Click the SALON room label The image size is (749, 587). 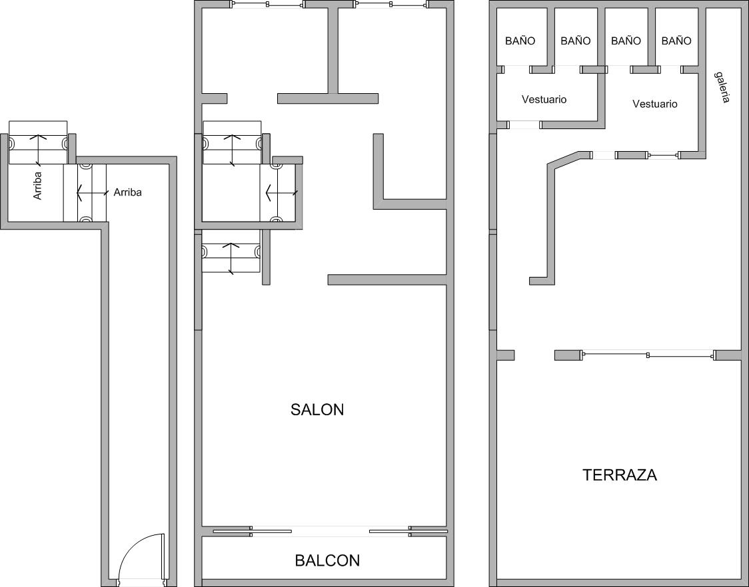pyautogui.click(x=317, y=409)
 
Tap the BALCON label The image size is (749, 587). pyautogui.click(x=327, y=560)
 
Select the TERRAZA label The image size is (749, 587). pyautogui.click(x=620, y=475)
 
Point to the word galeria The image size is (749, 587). pyautogui.click(x=722, y=87)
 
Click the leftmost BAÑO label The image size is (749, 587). pyautogui.click(x=520, y=41)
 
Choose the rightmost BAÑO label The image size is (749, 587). pyautogui.click(x=676, y=41)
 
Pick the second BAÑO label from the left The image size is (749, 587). pyautogui.click(x=576, y=41)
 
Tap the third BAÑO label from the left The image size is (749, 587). pyautogui.click(x=626, y=41)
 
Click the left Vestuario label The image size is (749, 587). pyautogui.click(x=544, y=99)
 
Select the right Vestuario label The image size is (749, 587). pyautogui.click(x=655, y=104)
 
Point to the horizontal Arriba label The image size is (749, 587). pyautogui.click(x=127, y=192)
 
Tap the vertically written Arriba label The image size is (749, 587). pyautogui.click(x=38, y=186)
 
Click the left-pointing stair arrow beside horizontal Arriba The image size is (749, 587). pyautogui.click(x=92, y=193)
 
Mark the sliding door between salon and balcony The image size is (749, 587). pyautogui.click(x=330, y=531)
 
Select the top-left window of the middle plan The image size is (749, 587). pyautogui.click(x=268, y=5)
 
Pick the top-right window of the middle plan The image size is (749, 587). pyautogui.click(x=391, y=5)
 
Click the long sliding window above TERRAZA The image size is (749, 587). pyautogui.click(x=648, y=355)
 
